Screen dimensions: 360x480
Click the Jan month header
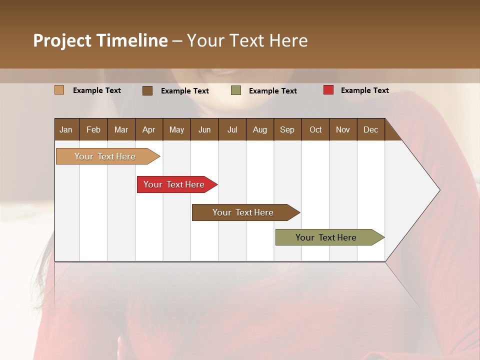[66, 129]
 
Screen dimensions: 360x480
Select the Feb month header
[93, 129]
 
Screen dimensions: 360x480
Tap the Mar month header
[121, 129]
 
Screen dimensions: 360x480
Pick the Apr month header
[149, 129]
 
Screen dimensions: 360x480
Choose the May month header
[176, 129]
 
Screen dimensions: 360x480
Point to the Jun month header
[204, 129]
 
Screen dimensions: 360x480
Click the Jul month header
[232, 129]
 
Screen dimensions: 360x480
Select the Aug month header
[260, 129]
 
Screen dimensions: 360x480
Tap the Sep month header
[287, 129]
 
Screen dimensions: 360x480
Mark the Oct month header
[315, 129]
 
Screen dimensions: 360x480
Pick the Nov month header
[343, 129]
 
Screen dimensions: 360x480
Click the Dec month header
[371, 129]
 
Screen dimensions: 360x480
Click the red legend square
[328, 90]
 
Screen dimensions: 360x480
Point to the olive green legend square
[236, 90]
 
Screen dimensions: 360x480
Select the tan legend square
[59, 90]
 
